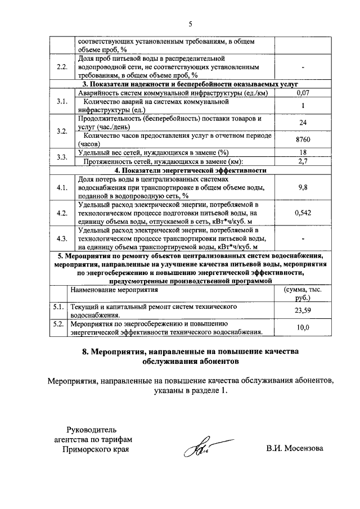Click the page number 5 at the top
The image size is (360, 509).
pyautogui.click(x=190, y=24)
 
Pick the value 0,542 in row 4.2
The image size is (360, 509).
pyautogui.click(x=303, y=213)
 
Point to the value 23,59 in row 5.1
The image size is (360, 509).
pyautogui.click(x=303, y=311)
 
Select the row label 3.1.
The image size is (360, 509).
pyautogui.click(x=62, y=101)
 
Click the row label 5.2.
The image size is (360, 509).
pyautogui.click(x=57, y=325)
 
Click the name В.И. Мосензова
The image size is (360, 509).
pyautogui.click(x=295, y=449)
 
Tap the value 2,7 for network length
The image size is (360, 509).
pyautogui.click(x=303, y=161)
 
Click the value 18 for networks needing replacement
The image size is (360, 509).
pyautogui.click(x=303, y=152)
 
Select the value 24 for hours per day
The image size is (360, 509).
pyautogui.click(x=303, y=122)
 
